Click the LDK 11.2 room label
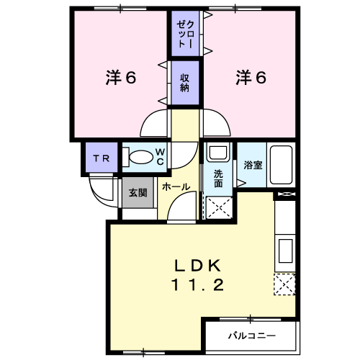coord(197,275)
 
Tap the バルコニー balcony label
coord(252,336)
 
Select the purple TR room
coord(102,158)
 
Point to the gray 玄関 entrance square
coord(138,192)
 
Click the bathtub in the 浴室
coord(281,165)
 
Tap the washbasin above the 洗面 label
coord(218,152)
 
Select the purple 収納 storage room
coord(185,83)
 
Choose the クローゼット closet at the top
coord(185,33)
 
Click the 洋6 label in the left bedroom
coord(121,78)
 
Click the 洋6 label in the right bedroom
coord(251,78)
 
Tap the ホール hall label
coord(176,186)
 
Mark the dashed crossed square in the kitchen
coord(284,284)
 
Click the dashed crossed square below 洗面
coord(219,207)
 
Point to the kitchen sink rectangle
coord(286,251)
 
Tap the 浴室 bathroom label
coord(253,165)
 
